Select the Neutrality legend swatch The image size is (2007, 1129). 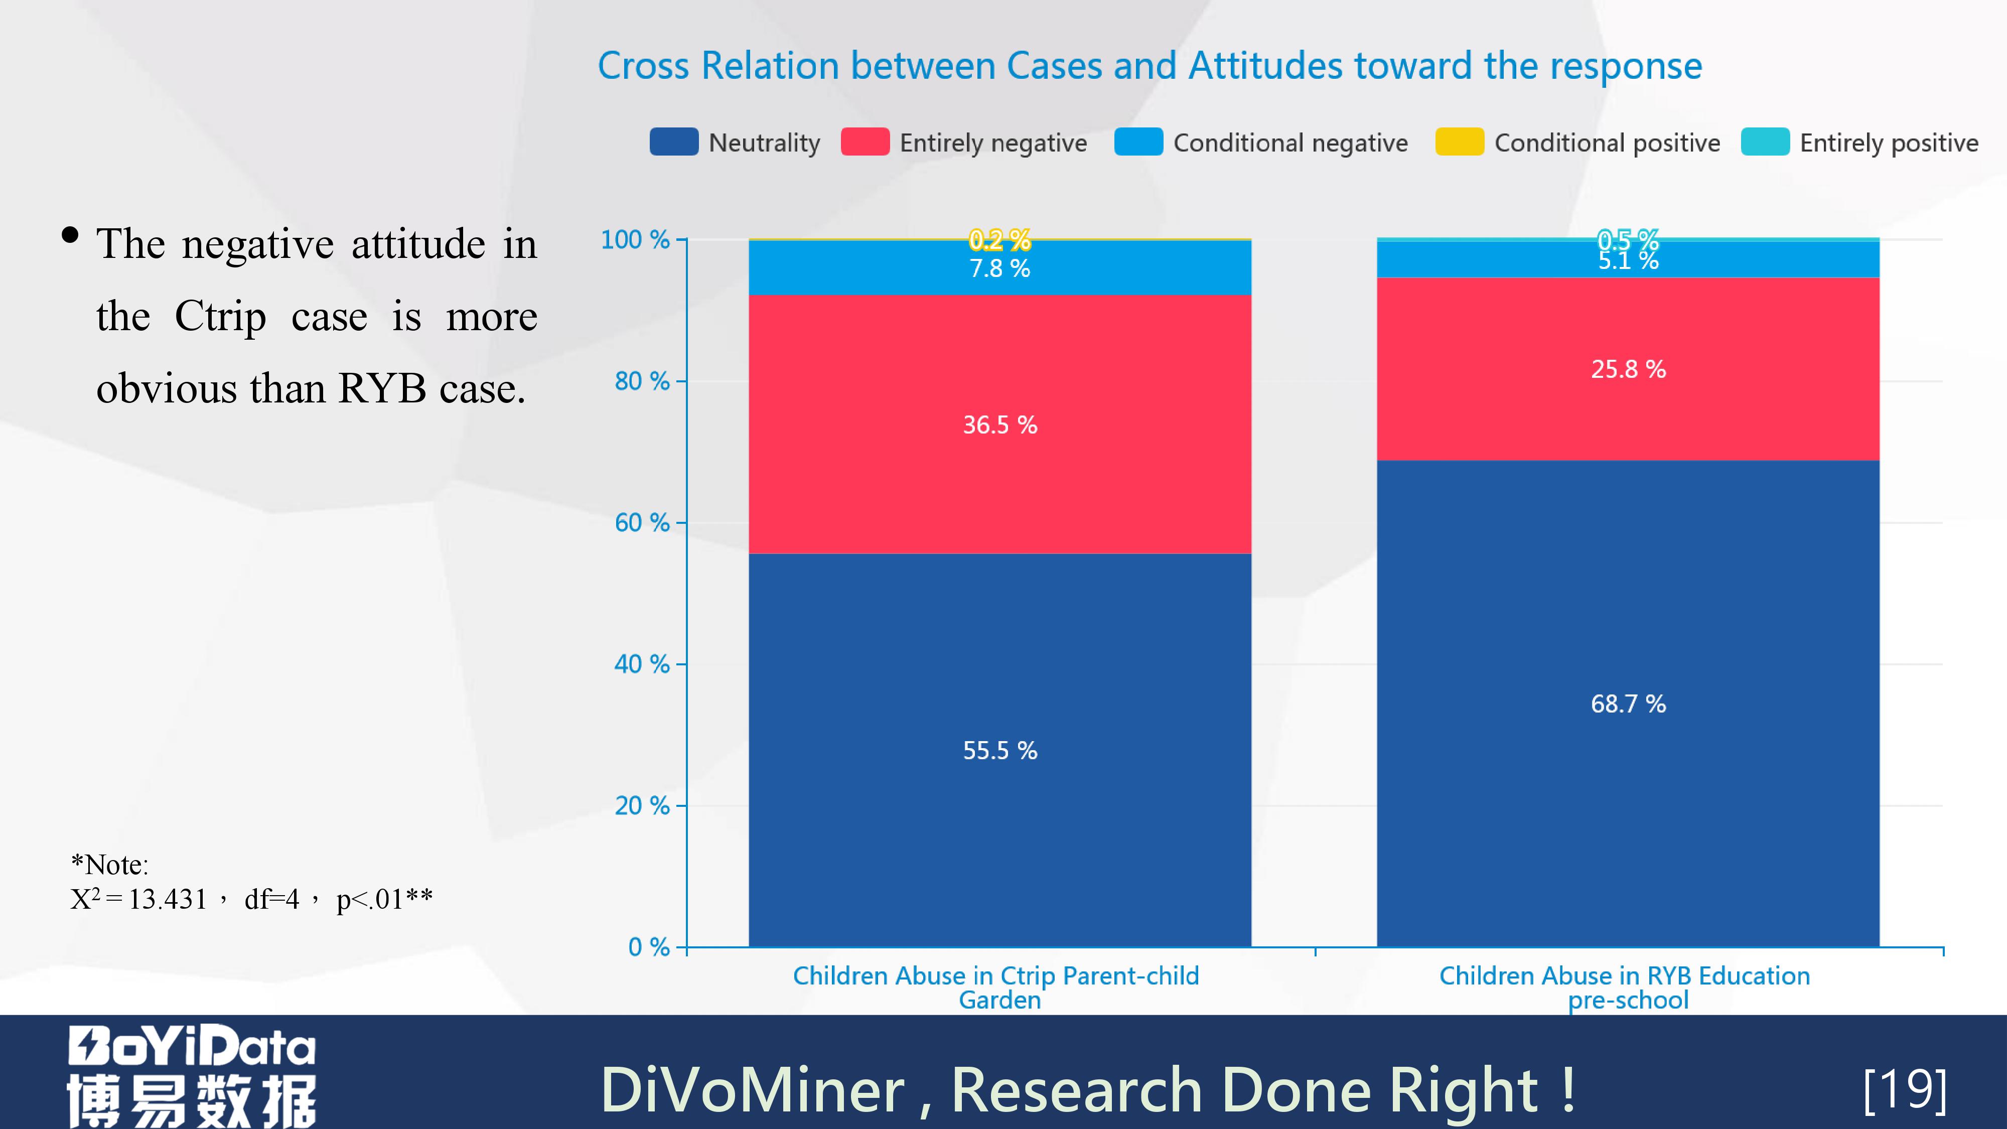(673, 142)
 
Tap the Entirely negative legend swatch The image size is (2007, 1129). (865, 142)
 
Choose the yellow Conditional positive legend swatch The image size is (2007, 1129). (1459, 142)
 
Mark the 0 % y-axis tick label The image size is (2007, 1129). (648, 947)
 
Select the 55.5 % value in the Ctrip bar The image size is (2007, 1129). (999, 750)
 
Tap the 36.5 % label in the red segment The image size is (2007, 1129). (999, 425)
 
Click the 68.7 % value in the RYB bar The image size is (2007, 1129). (1628, 703)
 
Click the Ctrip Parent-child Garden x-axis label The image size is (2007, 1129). (995, 987)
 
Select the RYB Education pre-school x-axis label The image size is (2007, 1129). (1625, 987)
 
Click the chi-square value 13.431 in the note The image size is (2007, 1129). (168, 899)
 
